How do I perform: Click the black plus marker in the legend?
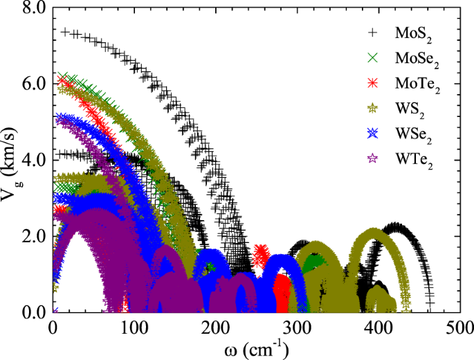373,32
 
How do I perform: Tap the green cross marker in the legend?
373,57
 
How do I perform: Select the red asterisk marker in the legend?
373,82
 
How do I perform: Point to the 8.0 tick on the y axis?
34,7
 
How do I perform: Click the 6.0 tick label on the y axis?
34,83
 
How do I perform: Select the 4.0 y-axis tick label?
34,159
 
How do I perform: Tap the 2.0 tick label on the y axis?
34,236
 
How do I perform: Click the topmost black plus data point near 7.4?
66,32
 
